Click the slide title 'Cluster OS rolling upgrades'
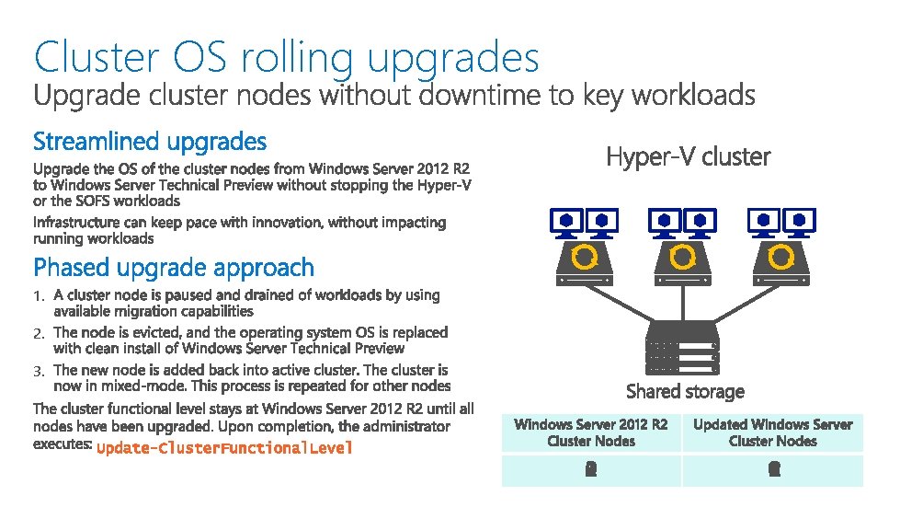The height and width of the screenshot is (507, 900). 286,57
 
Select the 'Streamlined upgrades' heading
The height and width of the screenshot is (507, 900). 150,142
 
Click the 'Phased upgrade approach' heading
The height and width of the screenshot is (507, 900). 174,268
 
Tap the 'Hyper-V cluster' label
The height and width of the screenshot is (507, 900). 688,157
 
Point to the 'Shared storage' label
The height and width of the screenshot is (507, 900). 685,391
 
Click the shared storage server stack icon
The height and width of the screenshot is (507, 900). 682,346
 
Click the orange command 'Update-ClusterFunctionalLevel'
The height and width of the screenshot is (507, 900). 224,448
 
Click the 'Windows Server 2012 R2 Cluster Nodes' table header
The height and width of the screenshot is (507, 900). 591,432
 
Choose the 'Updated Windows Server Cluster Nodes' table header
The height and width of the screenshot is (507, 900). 772,432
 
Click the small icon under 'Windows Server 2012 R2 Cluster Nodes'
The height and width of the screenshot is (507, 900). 591,469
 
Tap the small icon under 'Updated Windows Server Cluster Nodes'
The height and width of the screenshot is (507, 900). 773,469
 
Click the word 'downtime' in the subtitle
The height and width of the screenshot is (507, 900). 482,95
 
